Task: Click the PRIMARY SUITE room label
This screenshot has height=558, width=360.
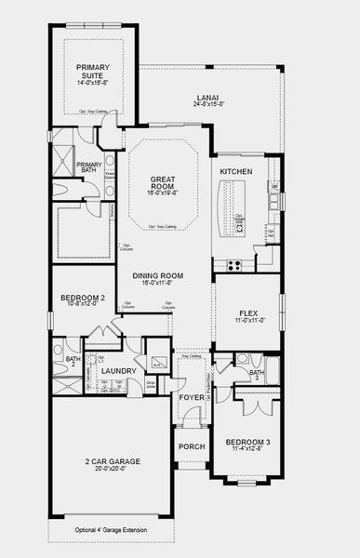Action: [92, 71]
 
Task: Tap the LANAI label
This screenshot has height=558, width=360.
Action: [207, 96]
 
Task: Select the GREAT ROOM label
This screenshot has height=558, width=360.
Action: [170, 183]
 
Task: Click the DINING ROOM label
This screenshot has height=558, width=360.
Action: [157, 276]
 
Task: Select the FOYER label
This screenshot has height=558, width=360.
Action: [192, 398]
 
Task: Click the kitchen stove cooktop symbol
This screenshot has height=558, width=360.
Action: [233, 264]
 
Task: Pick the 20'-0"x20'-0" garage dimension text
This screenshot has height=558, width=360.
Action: [111, 470]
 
